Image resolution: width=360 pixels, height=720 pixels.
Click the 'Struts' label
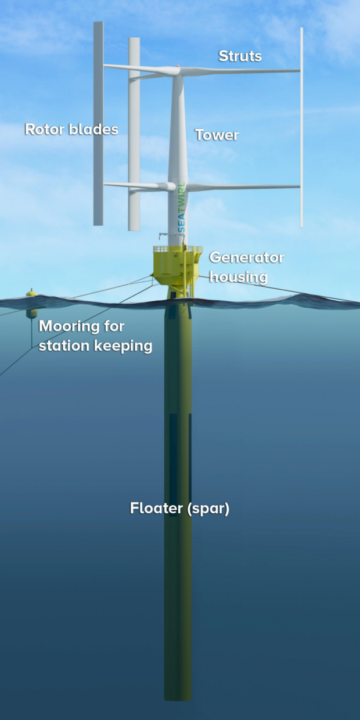[240, 56]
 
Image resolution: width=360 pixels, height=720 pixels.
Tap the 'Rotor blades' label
[71, 129]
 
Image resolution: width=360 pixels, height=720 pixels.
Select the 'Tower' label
[217, 135]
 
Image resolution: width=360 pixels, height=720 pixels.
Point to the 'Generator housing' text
[247, 268]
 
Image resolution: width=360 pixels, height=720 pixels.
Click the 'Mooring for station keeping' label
[95, 336]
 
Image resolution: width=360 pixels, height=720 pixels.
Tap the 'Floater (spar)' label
[179, 508]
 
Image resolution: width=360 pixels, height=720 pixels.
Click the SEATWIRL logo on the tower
[182, 208]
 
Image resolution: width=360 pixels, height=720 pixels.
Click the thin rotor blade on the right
[301, 127]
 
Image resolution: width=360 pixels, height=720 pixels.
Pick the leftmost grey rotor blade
[98, 124]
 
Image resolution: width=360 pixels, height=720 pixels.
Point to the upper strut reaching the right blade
[240, 71]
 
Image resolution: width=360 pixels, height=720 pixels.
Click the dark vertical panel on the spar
[173, 456]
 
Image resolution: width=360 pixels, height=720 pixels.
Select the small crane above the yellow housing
[167, 238]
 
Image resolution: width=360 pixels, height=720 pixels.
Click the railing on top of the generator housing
[178, 249]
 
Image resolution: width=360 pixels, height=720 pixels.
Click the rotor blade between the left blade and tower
[134, 134]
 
